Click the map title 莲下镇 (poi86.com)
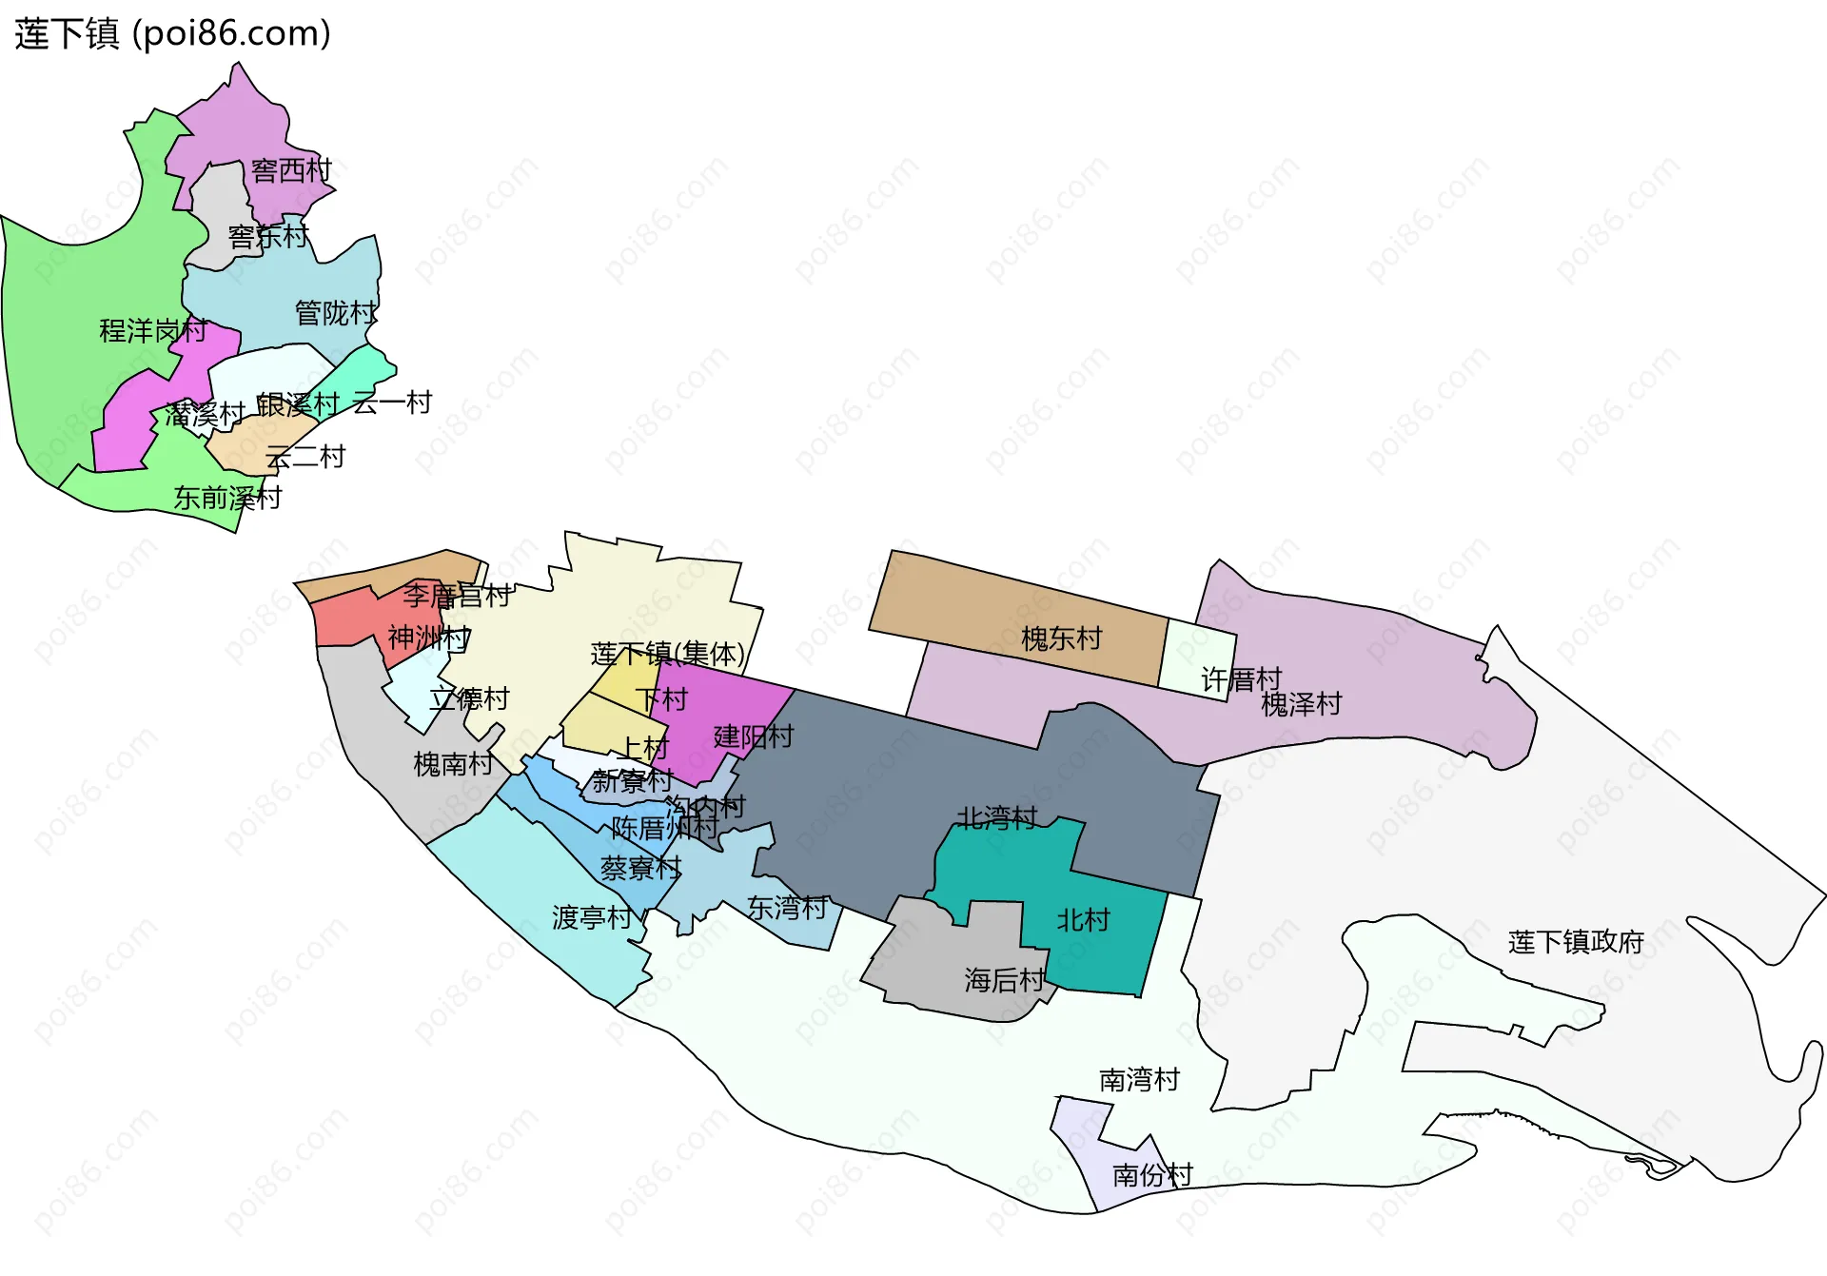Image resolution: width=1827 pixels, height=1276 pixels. (x=172, y=33)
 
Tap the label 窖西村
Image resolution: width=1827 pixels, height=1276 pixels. (x=291, y=170)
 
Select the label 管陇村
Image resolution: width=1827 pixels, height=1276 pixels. (x=335, y=312)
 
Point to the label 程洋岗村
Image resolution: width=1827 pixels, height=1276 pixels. (x=153, y=330)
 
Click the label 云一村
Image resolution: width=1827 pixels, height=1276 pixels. (x=392, y=402)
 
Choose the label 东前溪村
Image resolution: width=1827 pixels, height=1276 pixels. (x=227, y=497)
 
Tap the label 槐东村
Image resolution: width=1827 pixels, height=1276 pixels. (x=1061, y=638)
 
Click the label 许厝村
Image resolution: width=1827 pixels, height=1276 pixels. (x=1241, y=679)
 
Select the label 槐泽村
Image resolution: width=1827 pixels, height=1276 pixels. (x=1301, y=704)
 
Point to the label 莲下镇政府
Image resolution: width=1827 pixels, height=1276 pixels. (x=1576, y=942)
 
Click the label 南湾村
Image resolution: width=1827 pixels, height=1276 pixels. (x=1139, y=1079)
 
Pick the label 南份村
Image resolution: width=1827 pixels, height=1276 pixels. (x=1152, y=1175)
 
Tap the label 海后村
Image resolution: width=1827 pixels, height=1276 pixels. (x=1004, y=979)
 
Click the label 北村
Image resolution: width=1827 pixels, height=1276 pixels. (x=1083, y=920)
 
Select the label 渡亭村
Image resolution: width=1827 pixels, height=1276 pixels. (x=592, y=917)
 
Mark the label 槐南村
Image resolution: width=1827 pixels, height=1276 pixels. (x=453, y=763)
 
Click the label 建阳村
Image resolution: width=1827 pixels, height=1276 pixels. (x=753, y=736)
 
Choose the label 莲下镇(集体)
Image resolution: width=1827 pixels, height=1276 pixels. (x=667, y=654)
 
